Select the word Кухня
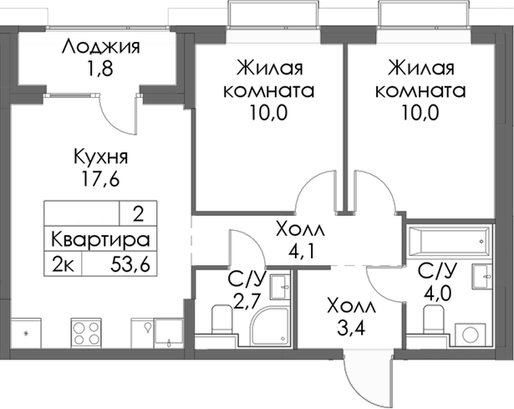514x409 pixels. point(100,156)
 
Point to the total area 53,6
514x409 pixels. point(132,266)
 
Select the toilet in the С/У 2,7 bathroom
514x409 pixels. point(221,320)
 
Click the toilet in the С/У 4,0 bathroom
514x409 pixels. point(432,319)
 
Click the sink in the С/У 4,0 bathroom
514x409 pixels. point(482,276)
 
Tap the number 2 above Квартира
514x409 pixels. point(137,212)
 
